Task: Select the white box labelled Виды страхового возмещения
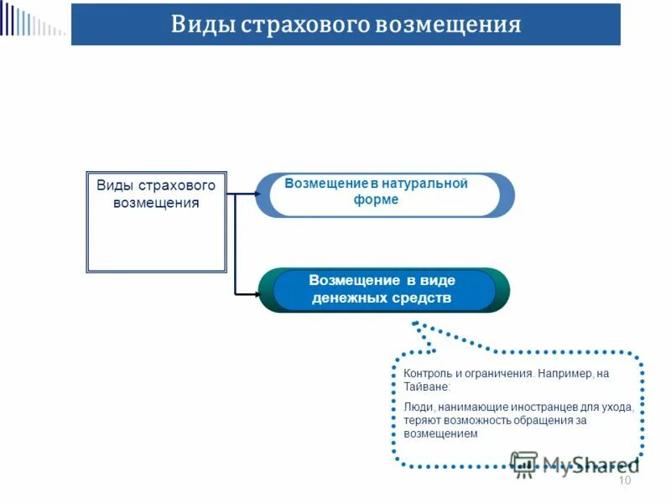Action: point(156,222)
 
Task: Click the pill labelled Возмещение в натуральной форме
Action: point(384,194)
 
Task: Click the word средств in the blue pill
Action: point(420,298)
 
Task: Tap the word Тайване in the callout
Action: point(426,387)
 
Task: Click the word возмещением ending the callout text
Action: point(440,434)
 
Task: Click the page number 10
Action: point(623,480)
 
